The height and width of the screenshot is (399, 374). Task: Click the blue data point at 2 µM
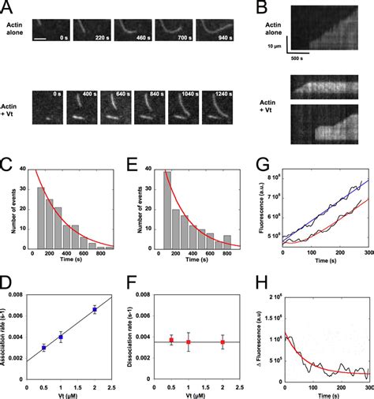point(95,309)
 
